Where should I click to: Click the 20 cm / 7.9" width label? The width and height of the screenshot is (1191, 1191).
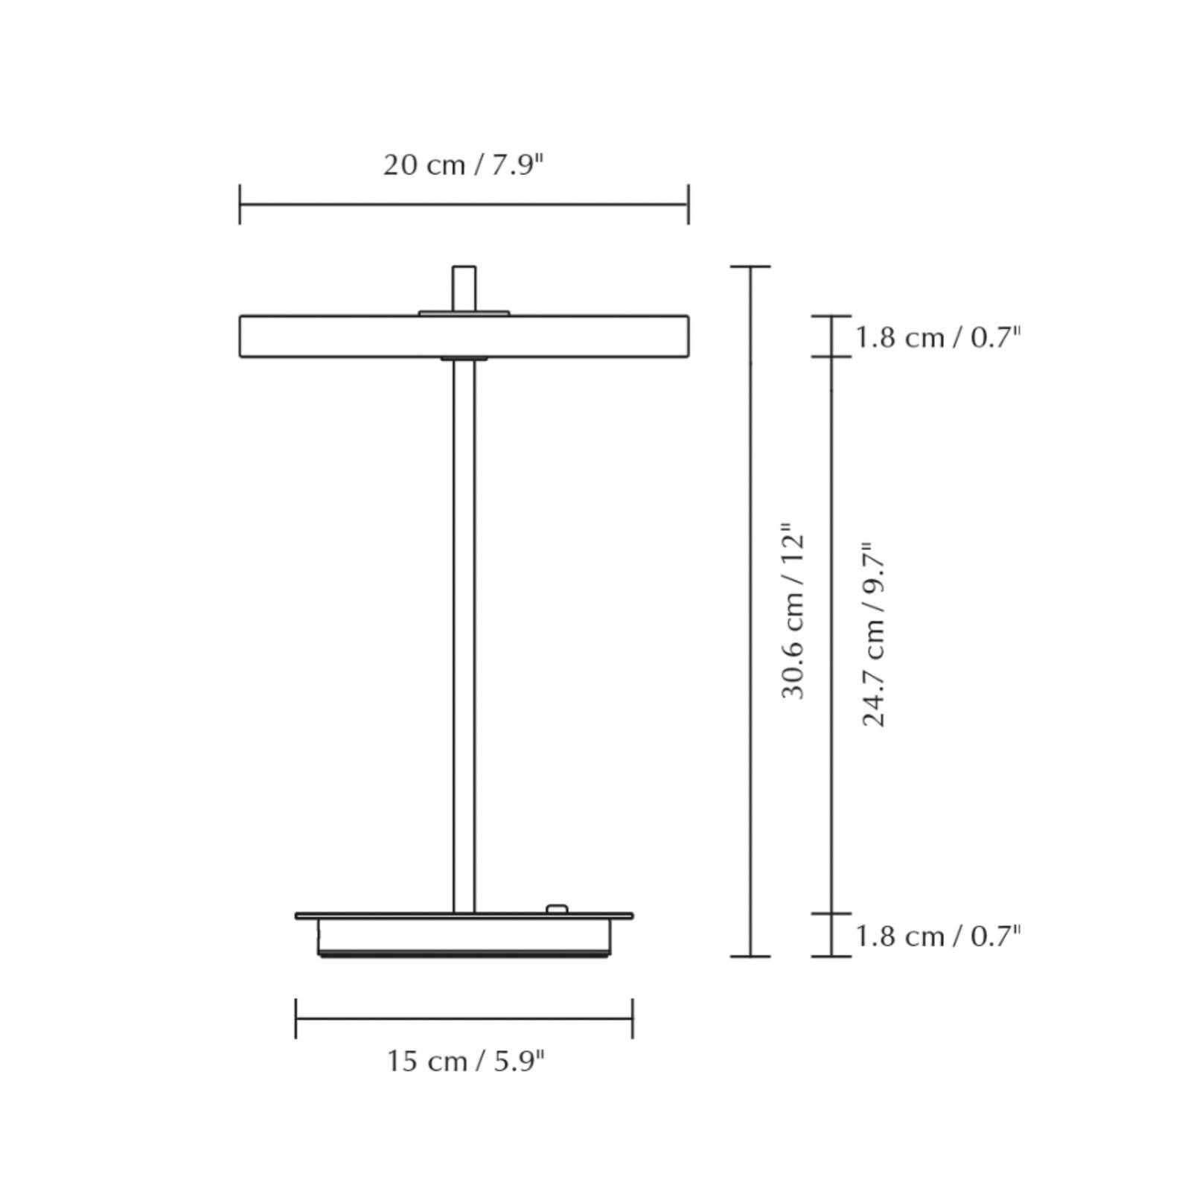464,165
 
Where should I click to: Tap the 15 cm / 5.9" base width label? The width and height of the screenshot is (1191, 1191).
466,1061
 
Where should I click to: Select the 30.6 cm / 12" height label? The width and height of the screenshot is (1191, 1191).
794,610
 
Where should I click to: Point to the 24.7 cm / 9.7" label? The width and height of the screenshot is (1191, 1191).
874,634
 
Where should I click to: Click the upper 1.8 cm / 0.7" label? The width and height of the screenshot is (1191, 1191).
937,338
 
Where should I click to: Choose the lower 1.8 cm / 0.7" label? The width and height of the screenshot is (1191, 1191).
937,936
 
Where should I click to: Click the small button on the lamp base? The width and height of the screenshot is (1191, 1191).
556,909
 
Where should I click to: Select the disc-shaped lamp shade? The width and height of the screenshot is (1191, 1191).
464,336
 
